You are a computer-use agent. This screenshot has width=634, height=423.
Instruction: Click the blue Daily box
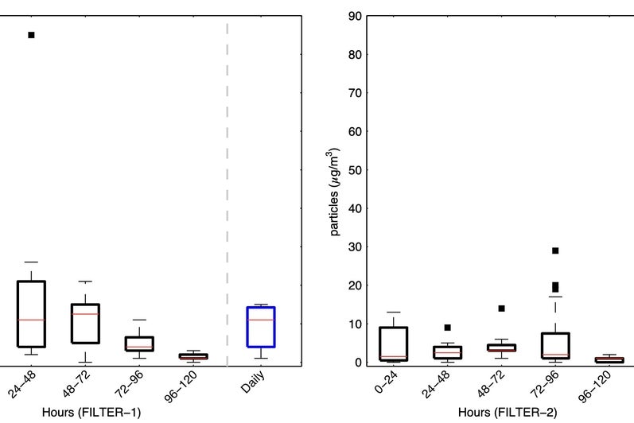click(262, 326)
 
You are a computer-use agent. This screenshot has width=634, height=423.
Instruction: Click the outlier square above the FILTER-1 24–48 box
click(32, 35)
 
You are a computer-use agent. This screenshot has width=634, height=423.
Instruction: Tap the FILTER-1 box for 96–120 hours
click(193, 357)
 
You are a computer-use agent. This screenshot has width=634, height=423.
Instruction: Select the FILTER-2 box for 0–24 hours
click(394, 343)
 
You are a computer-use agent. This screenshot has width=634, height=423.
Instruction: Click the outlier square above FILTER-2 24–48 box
click(448, 328)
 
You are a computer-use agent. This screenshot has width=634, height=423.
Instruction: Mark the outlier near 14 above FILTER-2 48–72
click(502, 309)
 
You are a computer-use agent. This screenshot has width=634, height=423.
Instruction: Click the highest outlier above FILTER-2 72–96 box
click(556, 250)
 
